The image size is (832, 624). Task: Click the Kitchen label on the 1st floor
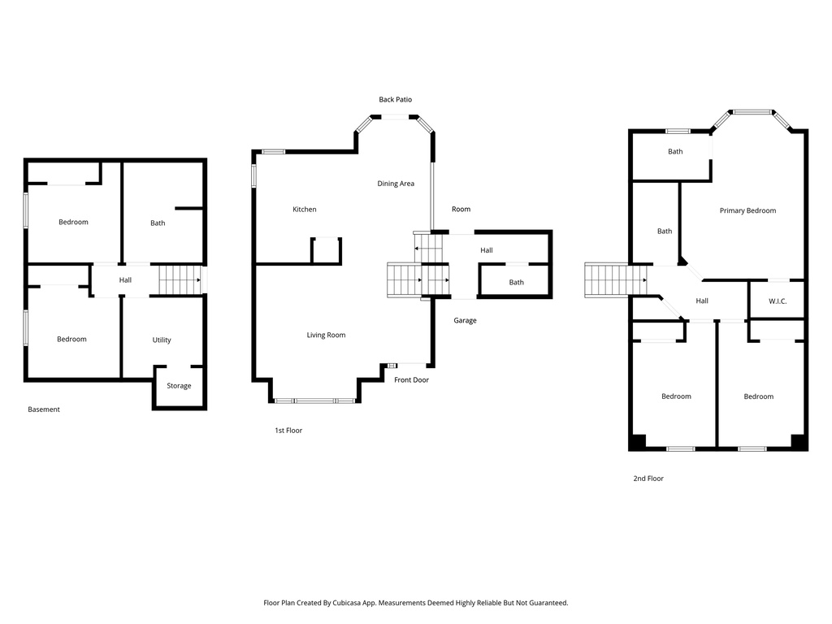pos(305,210)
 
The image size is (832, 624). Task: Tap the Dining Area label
pos(396,184)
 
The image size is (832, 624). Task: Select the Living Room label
pos(326,335)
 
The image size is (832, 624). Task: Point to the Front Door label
pos(411,379)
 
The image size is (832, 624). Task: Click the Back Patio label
pos(395,100)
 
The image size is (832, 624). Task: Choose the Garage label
pos(465,321)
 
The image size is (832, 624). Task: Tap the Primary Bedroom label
pos(747,210)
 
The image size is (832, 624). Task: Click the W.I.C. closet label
pos(778,301)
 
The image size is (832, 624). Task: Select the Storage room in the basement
pos(179,386)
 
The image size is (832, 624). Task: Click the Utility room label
pos(162,340)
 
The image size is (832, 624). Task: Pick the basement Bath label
pos(158,223)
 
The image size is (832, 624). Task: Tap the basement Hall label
pos(125,280)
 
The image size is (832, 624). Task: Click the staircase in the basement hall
pos(179,280)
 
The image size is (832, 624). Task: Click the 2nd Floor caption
pos(648,479)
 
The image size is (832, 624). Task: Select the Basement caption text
pos(44,409)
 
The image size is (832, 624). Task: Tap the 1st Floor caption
pos(288,431)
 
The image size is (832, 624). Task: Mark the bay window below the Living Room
pos(314,401)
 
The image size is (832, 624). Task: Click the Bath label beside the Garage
pos(516,283)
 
